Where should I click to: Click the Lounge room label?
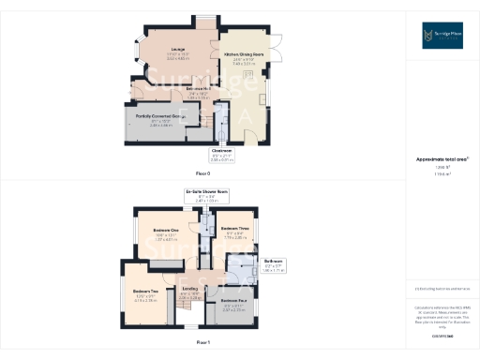[x=177, y=50]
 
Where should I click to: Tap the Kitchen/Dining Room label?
[x=243, y=55]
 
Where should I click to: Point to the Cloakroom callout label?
[x=222, y=156]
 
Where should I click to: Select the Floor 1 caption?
[x=202, y=343]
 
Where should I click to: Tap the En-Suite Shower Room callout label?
[x=205, y=195]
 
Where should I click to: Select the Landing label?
[x=190, y=289]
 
